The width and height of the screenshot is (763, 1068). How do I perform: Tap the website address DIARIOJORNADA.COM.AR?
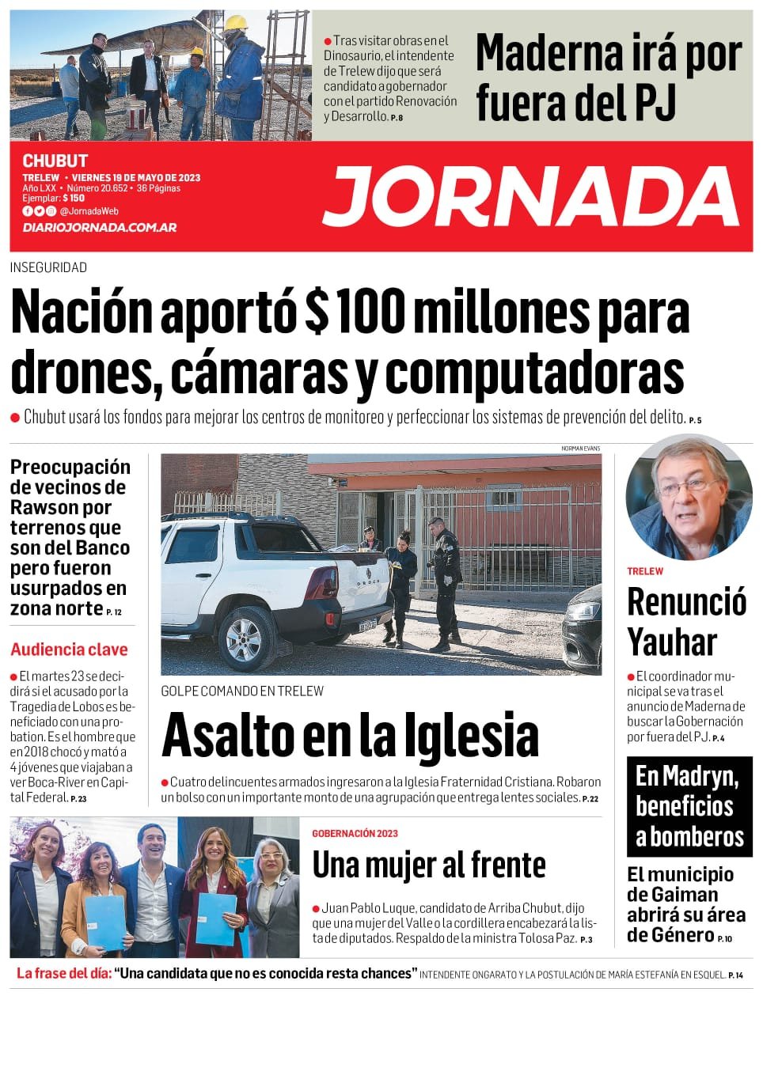[x=100, y=227]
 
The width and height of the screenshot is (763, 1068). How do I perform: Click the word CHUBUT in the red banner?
[x=55, y=161]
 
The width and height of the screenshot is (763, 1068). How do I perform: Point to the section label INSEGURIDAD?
[x=48, y=267]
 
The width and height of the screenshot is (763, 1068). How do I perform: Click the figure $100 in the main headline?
[x=355, y=312]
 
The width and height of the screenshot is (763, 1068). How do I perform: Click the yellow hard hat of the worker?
[x=235, y=23]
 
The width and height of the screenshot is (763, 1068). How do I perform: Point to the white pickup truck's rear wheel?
[x=245, y=635]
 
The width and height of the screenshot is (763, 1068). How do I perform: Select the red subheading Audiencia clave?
[x=69, y=650]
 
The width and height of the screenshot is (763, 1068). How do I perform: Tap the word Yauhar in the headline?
[x=672, y=642]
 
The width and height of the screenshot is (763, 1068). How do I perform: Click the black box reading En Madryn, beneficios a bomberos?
[x=689, y=806]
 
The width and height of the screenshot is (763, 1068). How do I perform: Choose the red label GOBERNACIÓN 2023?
[x=355, y=833]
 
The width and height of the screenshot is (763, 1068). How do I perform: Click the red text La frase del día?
[x=64, y=973]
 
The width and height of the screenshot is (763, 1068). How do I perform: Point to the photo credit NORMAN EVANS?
[x=580, y=449]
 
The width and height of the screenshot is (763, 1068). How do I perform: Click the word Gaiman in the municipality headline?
[x=687, y=895]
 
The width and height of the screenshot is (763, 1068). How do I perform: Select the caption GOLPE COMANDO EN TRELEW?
[x=242, y=691]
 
